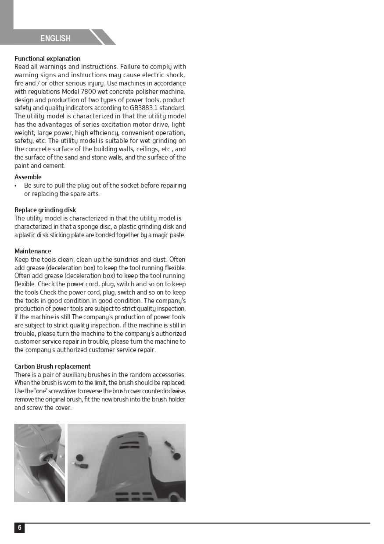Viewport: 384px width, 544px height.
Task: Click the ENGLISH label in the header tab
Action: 55,38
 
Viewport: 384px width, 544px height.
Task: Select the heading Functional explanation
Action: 47,59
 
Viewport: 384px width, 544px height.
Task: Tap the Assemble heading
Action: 28,177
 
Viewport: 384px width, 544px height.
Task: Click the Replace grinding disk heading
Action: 45,210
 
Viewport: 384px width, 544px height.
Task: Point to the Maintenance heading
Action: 33,251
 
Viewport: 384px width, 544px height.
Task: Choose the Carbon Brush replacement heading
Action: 53,366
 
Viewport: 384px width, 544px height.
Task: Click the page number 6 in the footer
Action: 19,528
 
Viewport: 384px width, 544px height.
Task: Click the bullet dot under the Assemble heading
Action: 16,186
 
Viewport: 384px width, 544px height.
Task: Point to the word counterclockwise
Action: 162,391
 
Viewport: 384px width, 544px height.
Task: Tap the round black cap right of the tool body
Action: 177,456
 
